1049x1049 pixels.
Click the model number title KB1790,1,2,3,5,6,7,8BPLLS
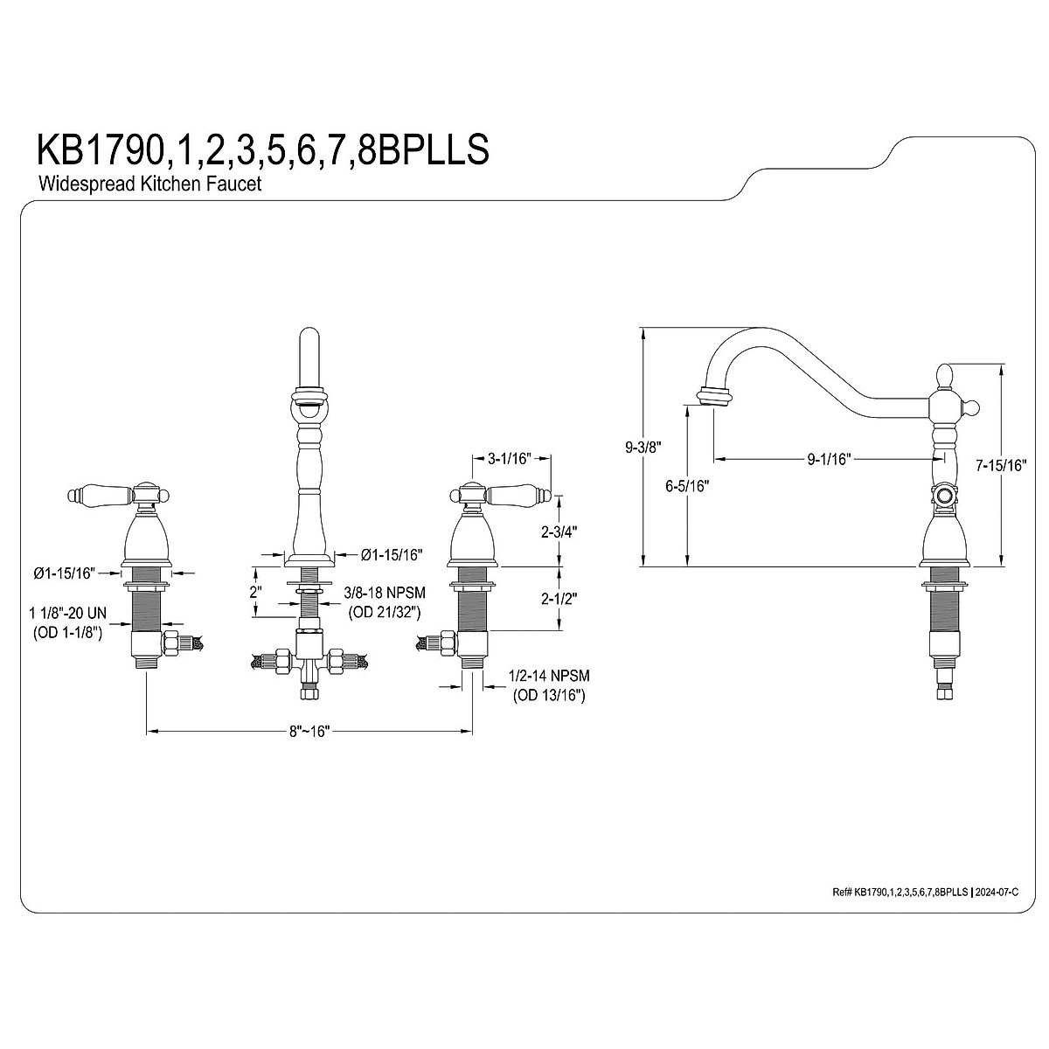click(x=263, y=149)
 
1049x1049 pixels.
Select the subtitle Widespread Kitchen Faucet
click(x=149, y=184)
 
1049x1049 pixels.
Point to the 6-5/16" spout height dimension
click(x=688, y=485)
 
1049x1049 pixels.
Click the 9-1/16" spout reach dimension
click(x=829, y=460)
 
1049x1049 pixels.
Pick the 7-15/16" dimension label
click(x=1001, y=465)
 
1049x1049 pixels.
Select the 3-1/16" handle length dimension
click(x=509, y=458)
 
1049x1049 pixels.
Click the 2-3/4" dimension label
click(x=559, y=531)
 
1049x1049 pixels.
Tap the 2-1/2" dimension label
click(x=559, y=598)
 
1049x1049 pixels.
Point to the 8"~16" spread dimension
click(x=309, y=731)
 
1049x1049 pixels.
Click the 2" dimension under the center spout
click(x=256, y=592)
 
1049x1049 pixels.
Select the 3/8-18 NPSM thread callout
click(x=385, y=593)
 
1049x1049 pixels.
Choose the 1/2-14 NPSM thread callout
click(x=549, y=676)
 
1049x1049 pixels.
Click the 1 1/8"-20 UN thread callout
click(x=67, y=614)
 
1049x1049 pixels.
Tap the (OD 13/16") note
click(x=549, y=695)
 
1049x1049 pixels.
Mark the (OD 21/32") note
click(x=385, y=612)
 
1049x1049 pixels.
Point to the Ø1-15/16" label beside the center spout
click(x=392, y=555)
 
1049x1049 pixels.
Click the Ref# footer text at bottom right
click(x=926, y=892)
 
